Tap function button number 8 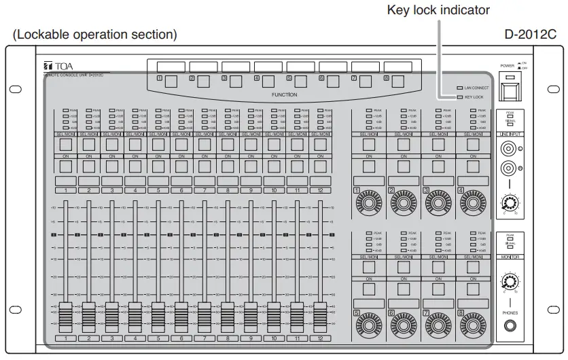(398, 82)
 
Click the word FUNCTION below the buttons (284, 95)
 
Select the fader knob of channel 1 (65, 316)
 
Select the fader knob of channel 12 (319, 316)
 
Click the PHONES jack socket (508, 327)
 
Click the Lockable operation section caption (95, 34)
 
